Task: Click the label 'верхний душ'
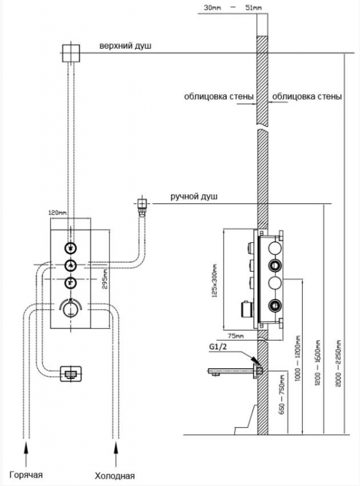pyautogui.click(x=125, y=46)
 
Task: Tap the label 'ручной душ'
pyautogui.click(x=194, y=196)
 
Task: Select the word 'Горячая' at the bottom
pyautogui.click(x=26, y=475)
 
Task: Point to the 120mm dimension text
pyautogui.click(x=58, y=213)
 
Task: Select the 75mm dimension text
pyautogui.click(x=236, y=336)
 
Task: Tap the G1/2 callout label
pyautogui.click(x=218, y=346)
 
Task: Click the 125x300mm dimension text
pyautogui.click(x=215, y=279)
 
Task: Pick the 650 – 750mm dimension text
pyautogui.click(x=282, y=394)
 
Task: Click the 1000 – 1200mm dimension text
pyautogui.click(x=299, y=358)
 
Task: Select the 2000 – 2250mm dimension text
pyautogui.click(x=339, y=363)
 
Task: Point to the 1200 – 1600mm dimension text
pyautogui.click(x=318, y=363)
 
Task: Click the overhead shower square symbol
pyautogui.click(x=71, y=53)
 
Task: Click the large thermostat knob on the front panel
pyautogui.click(x=71, y=309)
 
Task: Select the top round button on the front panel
pyautogui.click(x=71, y=248)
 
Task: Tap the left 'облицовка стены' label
pyautogui.click(x=219, y=97)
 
